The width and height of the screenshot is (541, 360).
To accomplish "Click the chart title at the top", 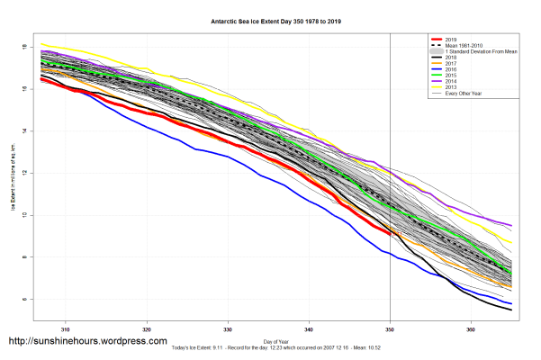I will click(270, 19).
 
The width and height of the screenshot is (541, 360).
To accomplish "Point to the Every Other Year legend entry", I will click(464, 93).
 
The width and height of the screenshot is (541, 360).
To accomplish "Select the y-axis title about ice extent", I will click(14, 180).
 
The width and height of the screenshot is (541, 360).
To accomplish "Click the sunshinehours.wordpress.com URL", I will click(87, 342).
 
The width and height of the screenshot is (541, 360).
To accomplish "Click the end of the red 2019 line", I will click(390, 235).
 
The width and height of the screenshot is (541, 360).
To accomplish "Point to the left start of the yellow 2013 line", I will click(41, 43).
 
